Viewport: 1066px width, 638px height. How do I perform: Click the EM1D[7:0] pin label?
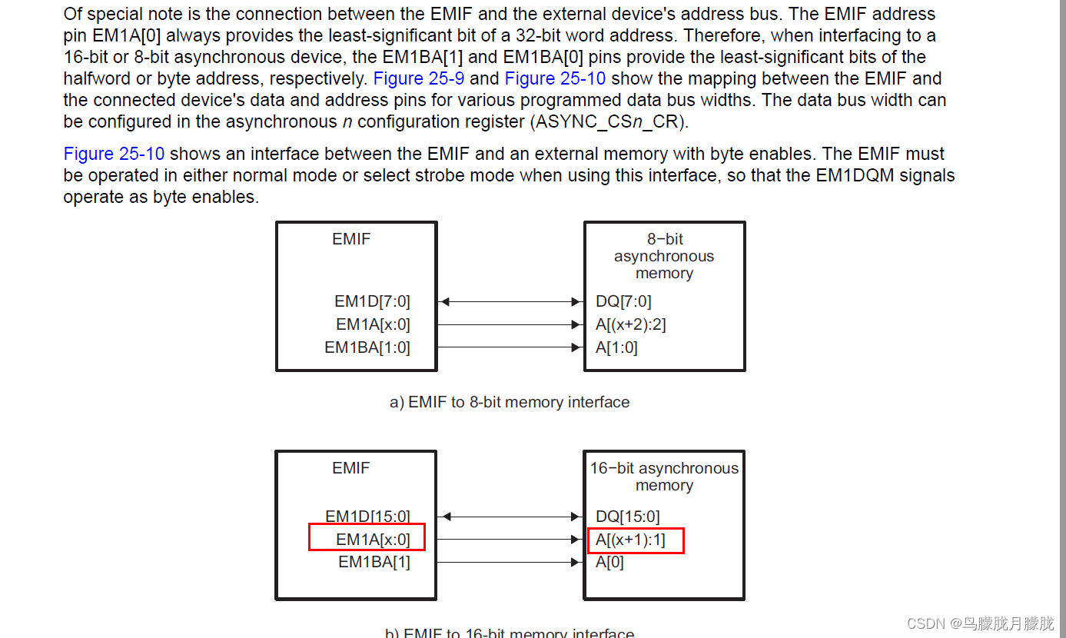pyautogui.click(x=372, y=301)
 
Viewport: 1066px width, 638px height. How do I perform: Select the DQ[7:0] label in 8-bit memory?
pyautogui.click(x=623, y=301)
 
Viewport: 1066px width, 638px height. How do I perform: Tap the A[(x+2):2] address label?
pyautogui.click(x=630, y=324)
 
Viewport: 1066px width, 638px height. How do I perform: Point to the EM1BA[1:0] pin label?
pyautogui.click(x=367, y=347)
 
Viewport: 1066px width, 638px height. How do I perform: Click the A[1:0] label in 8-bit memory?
pyautogui.click(x=616, y=347)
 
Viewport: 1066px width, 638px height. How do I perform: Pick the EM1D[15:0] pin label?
pyautogui.click(x=367, y=517)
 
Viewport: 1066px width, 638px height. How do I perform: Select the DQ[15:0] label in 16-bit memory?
pyautogui.click(x=627, y=517)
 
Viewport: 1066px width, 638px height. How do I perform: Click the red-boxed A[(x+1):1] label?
pyautogui.click(x=630, y=540)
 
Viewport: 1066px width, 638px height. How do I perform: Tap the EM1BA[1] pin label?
pyautogui.click(x=374, y=562)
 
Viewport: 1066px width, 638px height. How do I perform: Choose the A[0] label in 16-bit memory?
pyautogui.click(x=609, y=562)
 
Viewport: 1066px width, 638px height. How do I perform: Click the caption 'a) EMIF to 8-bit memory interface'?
pyautogui.click(x=510, y=402)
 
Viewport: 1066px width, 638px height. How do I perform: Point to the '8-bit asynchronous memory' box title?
pyautogui.click(x=664, y=256)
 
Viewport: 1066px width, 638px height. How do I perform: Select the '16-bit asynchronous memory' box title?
pyautogui.click(x=664, y=477)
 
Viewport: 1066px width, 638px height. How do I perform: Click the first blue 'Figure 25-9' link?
pyautogui.click(x=419, y=78)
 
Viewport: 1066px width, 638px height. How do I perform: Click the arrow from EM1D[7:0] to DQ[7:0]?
pyautogui.click(x=510, y=301)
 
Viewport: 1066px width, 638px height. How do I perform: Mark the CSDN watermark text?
pyautogui.click(x=980, y=623)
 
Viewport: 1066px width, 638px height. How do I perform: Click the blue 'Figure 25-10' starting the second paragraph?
pyautogui.click(x=114, y=154)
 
